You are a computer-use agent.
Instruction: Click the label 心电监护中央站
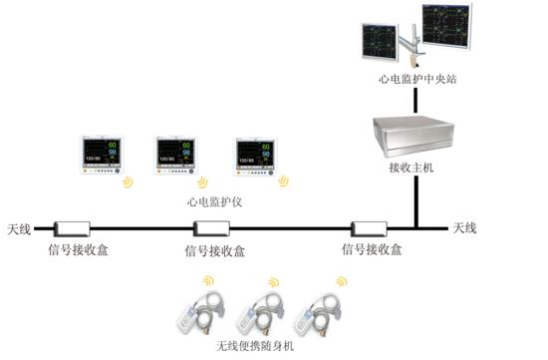click(417, 79)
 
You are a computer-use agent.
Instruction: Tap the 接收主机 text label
click(411, 168)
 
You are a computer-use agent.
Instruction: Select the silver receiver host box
click(413, 136)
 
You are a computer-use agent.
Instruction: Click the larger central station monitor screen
click(446, 27)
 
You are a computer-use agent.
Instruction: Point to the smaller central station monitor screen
click(380, 42)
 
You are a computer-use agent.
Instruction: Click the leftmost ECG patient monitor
click(102, 155)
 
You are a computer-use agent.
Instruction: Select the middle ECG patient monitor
click(175, 156)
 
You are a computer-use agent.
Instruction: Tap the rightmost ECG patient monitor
click(255, 157)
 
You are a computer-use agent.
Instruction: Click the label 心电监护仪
click(214, 201)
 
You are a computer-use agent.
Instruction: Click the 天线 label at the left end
click(19, 229)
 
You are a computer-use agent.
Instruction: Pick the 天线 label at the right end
click(464, 228)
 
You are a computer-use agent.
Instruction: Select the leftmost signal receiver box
click(72, 229)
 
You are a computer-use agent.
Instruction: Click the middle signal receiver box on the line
click(211, 229)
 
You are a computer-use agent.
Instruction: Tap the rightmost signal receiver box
click(369, 229)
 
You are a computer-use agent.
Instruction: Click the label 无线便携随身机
click(255, 346)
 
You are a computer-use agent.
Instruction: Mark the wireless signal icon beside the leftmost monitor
click(129, 182)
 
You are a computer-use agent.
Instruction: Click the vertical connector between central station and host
click(415, 101)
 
